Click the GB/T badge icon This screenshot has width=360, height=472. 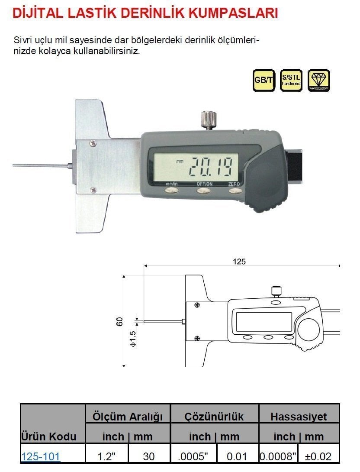(264, 80)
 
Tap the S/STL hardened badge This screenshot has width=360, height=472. (291, 80)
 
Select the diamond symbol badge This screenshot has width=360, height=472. (319, 80)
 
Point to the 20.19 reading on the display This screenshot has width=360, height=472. (212, 165)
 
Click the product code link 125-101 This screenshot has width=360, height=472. (41, 456)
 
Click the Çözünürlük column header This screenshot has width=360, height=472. (214, 417)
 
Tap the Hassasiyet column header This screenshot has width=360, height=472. (299, 417)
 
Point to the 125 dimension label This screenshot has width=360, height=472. (239, 261)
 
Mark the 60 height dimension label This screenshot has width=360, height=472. (120, 321)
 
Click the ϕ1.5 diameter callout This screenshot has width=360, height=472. (132, 339)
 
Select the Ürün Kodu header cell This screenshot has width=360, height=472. (49, 436)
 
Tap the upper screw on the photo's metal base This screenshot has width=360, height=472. (92, 142)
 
